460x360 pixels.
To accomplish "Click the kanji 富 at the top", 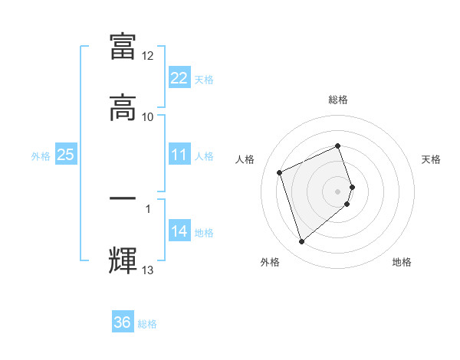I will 123,46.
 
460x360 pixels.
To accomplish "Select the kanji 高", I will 123,107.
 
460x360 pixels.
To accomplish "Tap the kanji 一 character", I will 123,200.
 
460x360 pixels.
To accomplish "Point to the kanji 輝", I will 123,260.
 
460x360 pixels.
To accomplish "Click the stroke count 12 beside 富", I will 148,56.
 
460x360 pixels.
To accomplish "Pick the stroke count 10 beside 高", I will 148,117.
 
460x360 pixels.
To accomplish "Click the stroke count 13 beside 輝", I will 148,270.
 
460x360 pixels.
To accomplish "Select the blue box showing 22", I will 179,78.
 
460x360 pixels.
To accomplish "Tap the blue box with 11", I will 179,155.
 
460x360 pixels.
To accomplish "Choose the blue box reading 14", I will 179,231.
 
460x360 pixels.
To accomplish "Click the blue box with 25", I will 66,155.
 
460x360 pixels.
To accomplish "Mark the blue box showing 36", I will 123,322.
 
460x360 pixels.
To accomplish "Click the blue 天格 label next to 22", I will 204,79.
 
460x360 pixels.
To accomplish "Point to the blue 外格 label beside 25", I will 41,155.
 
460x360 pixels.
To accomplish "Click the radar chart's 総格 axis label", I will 338,100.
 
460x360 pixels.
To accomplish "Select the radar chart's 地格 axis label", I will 402,262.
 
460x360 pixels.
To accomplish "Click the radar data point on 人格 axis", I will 281,171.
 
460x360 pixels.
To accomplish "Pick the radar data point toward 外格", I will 301,242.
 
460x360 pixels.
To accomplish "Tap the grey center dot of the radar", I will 338,191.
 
